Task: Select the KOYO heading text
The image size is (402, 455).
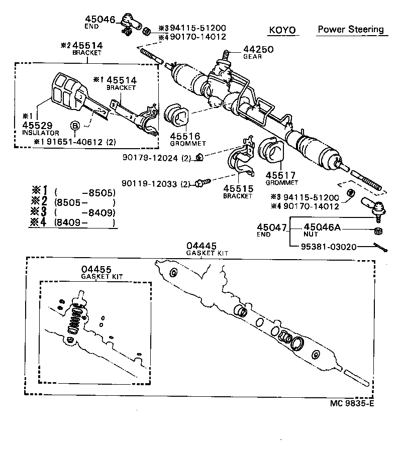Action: coord(283,30)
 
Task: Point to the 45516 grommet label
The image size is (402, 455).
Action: coord(185,136)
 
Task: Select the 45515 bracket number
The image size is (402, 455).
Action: coord(238,188)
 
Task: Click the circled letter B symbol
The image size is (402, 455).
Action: coord(75,126)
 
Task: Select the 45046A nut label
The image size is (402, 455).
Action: coord(322,227)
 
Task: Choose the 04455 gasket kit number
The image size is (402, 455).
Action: coord(96,270)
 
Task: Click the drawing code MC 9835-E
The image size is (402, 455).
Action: coord(352,403)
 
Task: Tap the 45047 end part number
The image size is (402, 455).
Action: coord(271,227)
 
